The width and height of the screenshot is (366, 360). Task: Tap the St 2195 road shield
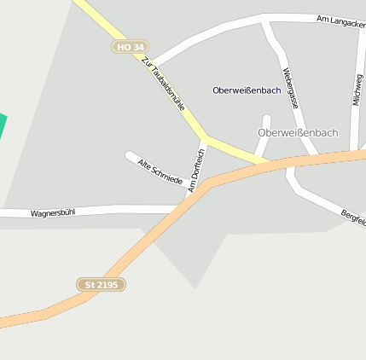[102, 284]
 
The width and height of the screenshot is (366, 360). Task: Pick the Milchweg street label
[357, 89]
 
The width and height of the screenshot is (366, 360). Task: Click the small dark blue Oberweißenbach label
[247, 90]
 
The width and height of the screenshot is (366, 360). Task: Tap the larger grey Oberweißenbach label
[298, 133]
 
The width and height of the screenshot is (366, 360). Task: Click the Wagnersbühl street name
[53, 212]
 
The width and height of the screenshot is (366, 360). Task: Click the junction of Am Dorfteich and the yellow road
[205, 137]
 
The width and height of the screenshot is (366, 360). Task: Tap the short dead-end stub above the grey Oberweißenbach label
[266, 119]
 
